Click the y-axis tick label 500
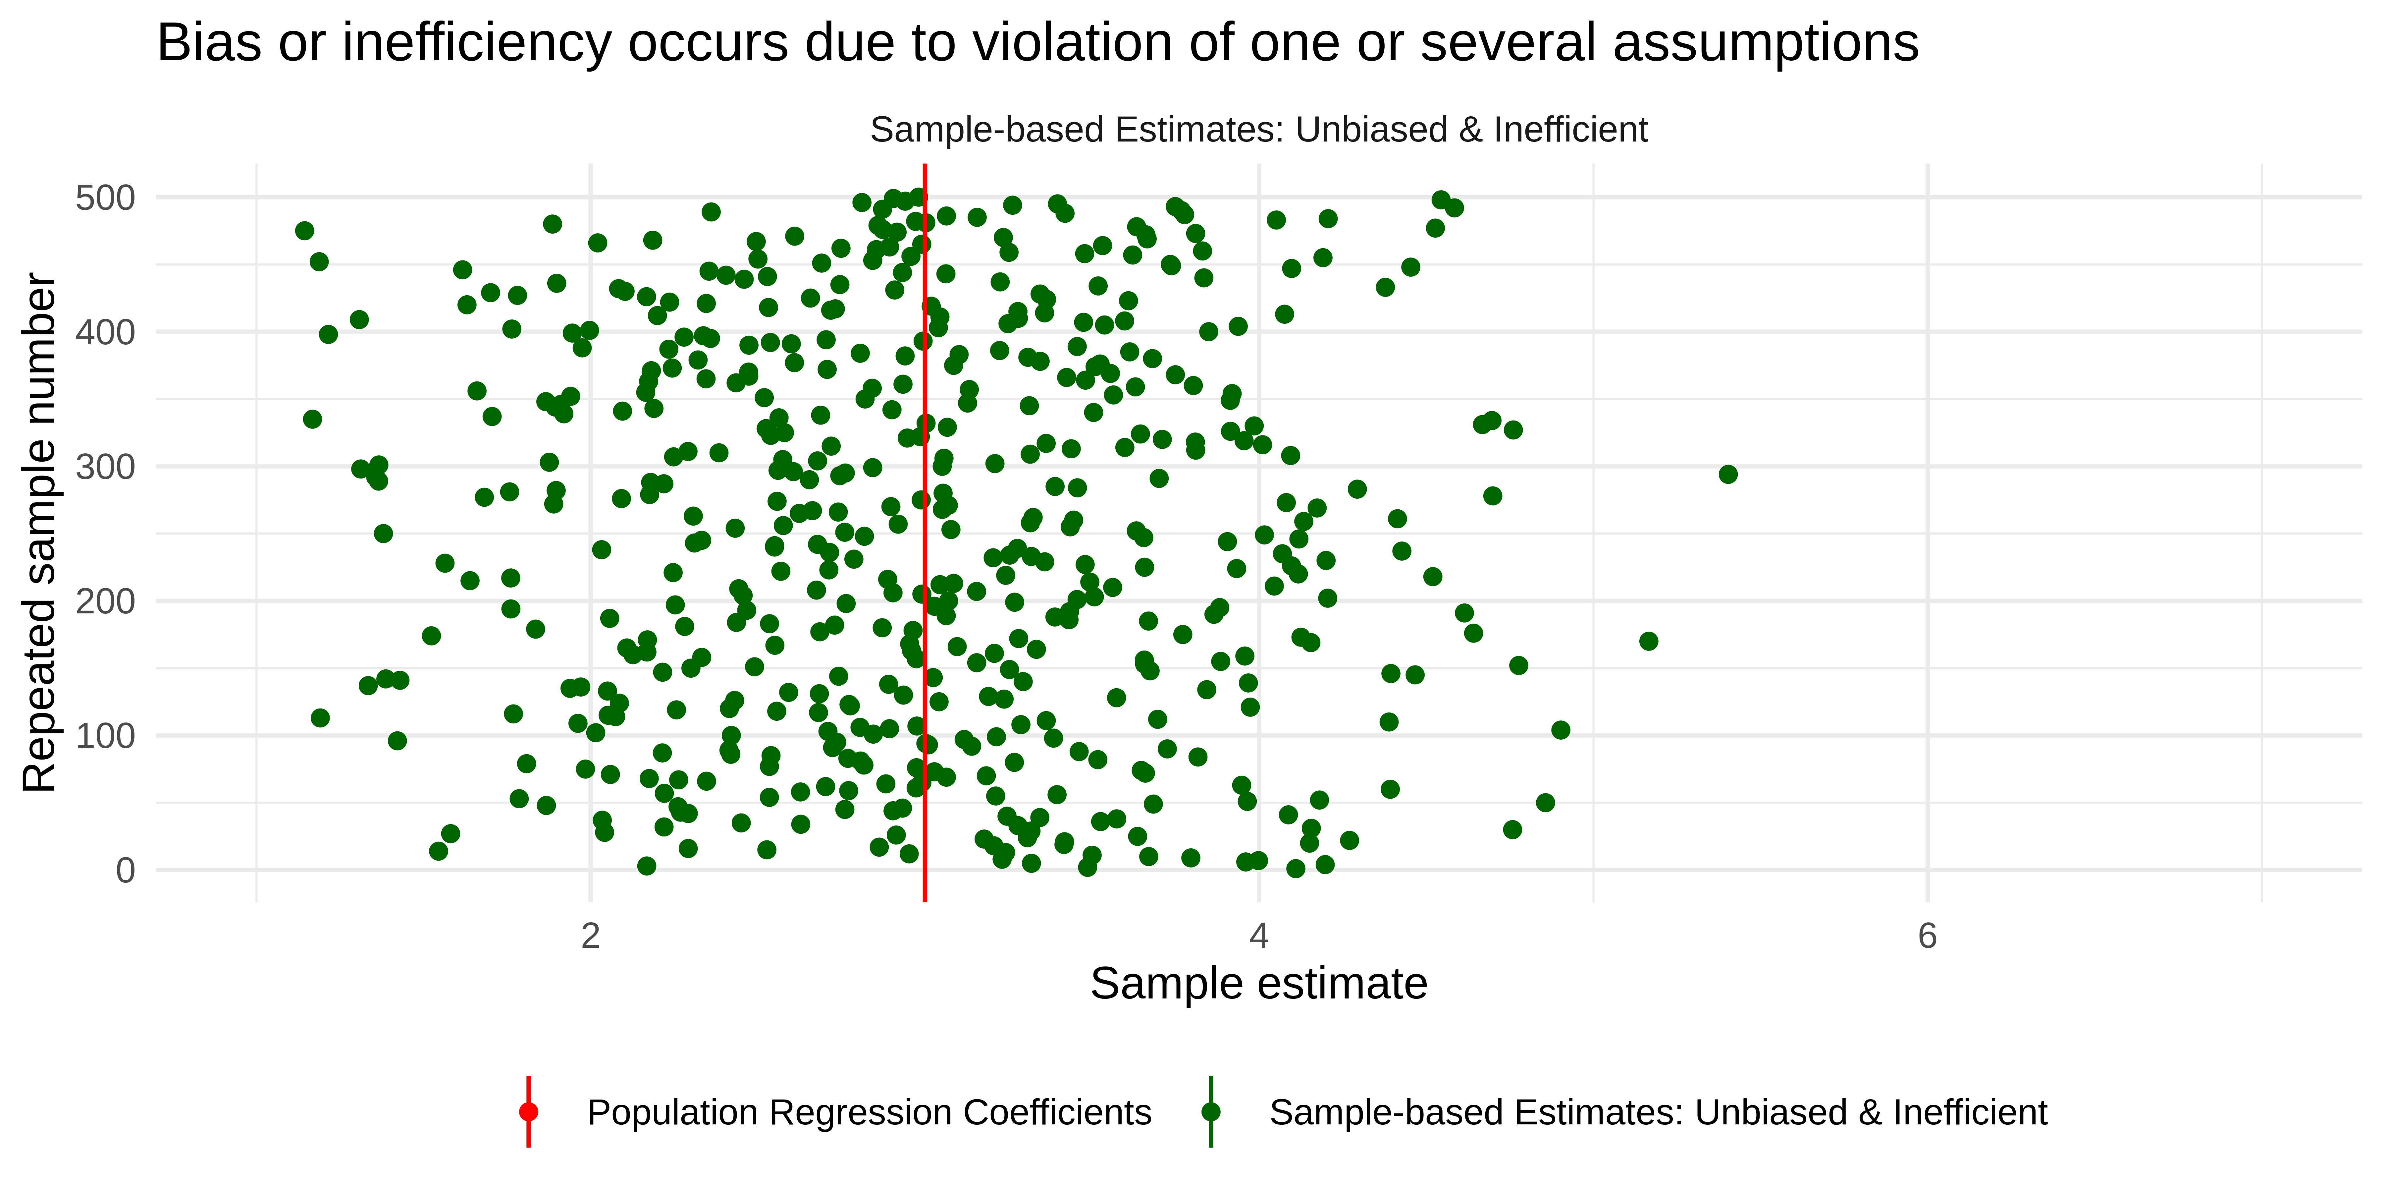tap(105, 198)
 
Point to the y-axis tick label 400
tap(105, 332)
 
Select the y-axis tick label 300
tap(105, 467)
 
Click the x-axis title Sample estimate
tap(1258, 984)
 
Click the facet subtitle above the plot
tap(1258, 130)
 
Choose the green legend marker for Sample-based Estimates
tap(1210, 1111)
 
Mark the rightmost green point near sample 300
tap(1728, 474)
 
